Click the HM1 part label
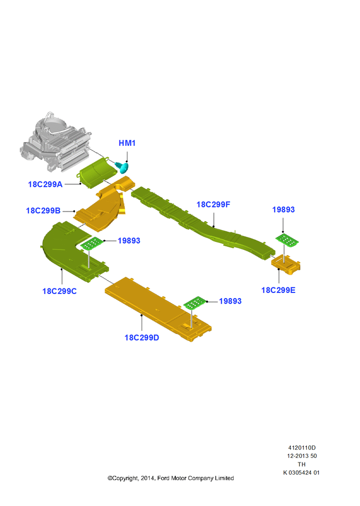[x=127, y=143]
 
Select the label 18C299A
[x=45, y=184]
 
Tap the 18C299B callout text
[x=43, y=210]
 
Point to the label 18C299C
[x=59, y=291]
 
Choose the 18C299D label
[x=142, y=338]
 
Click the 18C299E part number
[x=278, y=290]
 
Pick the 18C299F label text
[x=213, y=204]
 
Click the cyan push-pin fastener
[x=122, y=167]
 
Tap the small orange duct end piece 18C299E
[x=286, y=264]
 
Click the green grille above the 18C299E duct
[x=287, y=240]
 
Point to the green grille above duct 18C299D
[x=195, y=303]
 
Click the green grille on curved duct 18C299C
[x=92, y=243]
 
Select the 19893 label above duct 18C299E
[x=283, y=210]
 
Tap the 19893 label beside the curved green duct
[x=129, y=241]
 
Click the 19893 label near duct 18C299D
[x=230, y=301]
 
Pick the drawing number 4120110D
[x=302, y=448]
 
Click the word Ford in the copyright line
[x=163, y=478]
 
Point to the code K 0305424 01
[x=301, y=473]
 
